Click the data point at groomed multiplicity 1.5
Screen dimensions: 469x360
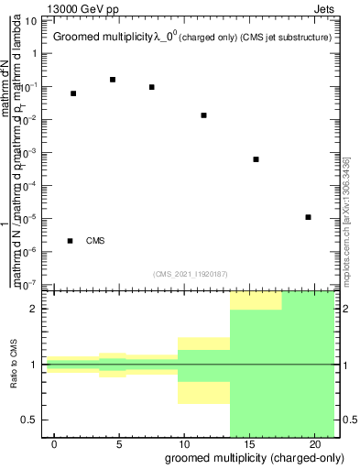coord(73,93)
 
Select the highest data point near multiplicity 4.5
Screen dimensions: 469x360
coord(113,80)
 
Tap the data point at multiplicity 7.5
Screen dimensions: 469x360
coord(151,87)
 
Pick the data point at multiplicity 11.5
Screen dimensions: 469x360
coord(203,115)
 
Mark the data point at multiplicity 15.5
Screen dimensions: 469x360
coord(256,159)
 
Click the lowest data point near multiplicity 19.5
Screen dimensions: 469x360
coord(309,217)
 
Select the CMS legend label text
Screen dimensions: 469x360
coord(95,241)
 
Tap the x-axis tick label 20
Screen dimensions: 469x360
coord(314,444)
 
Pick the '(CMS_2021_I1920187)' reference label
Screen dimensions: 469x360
coord(191,273)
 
